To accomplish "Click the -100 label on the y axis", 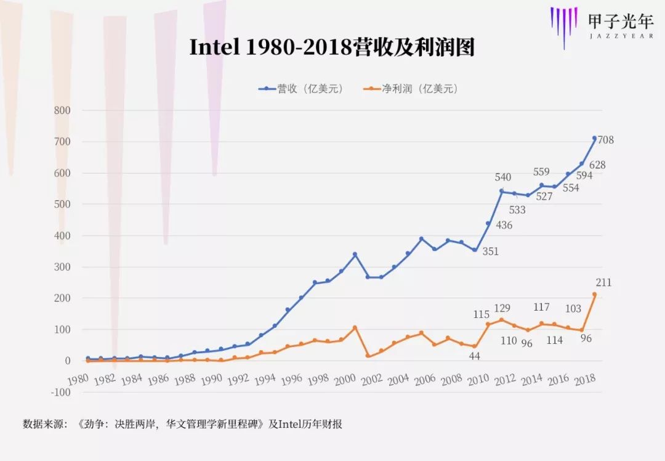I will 61,392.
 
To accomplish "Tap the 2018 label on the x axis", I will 584,381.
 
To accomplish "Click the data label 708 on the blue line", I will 605,140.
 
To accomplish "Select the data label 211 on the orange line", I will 603,283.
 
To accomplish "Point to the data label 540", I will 503,177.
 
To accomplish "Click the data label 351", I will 490,251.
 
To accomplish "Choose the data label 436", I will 504,226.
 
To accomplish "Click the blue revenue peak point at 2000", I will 355,254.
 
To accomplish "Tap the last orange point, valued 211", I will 594,295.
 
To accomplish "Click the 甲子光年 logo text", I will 620,22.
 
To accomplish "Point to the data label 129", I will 503,308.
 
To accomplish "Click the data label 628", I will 597,165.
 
